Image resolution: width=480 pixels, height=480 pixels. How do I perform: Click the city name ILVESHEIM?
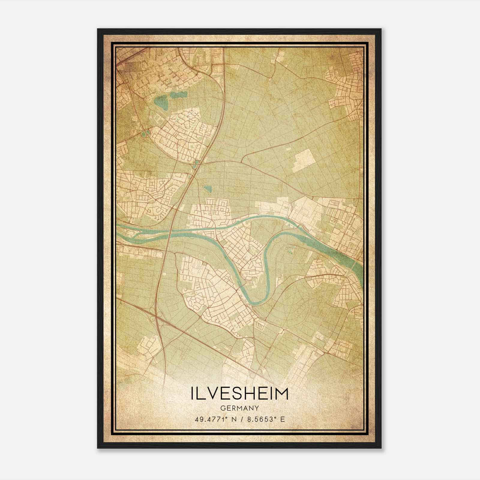click(239, 394)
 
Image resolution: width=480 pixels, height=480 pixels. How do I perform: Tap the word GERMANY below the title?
click(239, 408)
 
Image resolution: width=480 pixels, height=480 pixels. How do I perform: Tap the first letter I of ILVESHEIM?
click(192, 394)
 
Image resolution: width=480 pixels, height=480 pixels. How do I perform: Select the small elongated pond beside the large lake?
click(178, 96)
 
